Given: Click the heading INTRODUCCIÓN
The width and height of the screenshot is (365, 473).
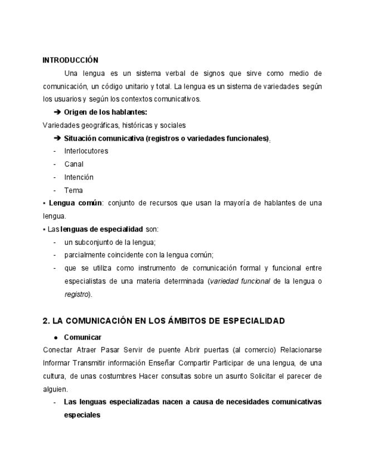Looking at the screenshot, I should tap(70, 60).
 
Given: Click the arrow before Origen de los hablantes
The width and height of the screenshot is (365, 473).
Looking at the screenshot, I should tap(57, 113).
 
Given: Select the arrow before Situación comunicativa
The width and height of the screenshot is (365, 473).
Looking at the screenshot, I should tap(57, 138).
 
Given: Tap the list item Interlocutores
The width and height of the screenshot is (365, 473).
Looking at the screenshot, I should tap(86, 151).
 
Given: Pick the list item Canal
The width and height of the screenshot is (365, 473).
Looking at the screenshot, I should tap(74, 165).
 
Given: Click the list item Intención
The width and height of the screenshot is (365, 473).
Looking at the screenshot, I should tap(79, 177).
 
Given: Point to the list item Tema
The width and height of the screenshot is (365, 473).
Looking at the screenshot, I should tap(73, 191).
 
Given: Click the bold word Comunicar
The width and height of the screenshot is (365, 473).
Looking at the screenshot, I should tap(82, 337).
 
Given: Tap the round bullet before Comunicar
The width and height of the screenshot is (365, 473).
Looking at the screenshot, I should tap(56, 337).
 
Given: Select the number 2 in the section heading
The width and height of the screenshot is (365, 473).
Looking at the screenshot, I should tap(45, 321).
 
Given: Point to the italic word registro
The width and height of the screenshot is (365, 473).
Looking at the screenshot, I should tap(76, 294).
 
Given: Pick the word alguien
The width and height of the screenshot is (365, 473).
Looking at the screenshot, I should tap(55, 389).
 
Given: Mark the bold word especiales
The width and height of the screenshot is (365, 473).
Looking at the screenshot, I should tap(82, 415).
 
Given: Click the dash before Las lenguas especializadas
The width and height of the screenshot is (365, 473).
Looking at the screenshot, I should tap(55, 402).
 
